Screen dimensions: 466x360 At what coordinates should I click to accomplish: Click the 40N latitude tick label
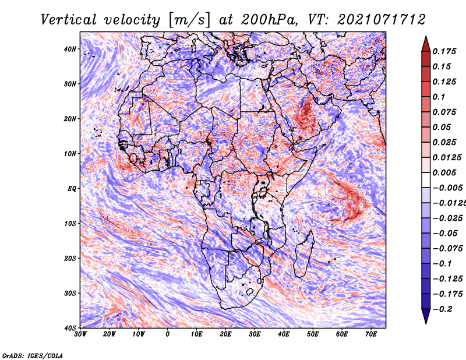(x=69, y=49)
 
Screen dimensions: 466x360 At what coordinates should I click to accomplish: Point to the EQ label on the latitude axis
(x=71, y=189)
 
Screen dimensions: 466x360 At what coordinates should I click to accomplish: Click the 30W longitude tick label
(x=80, y=334)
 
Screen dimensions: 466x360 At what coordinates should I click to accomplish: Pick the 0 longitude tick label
(x=168, y=334)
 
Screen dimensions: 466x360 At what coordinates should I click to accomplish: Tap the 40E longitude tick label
(x=284, y=334)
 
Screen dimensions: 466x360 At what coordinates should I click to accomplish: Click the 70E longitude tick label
(x=371, y=334)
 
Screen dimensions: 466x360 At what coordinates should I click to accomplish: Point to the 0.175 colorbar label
(x=444, y=52)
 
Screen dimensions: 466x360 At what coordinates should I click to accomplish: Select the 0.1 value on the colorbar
(x=439, y=97)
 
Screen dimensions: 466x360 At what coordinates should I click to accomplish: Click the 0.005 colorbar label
(x=444, y=172)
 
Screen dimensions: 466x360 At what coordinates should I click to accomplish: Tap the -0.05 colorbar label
(x=447, y=234)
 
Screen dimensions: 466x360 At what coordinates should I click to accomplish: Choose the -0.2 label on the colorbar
(x=442, y=309)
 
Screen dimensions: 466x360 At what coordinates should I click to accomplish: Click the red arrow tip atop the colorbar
(x=426, y=36)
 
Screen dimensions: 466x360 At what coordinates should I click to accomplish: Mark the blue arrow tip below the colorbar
(x=426, y=323)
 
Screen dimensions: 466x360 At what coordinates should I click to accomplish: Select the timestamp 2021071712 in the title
(x=382, y=20)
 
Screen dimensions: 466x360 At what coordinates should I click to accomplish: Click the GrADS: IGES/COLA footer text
(x=33, y=355)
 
